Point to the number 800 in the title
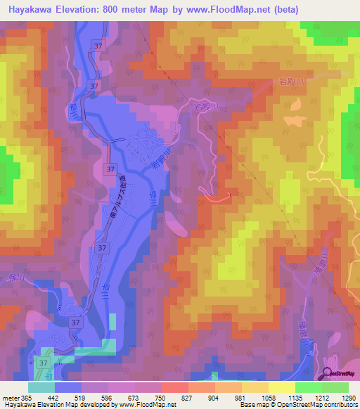coord(111,10)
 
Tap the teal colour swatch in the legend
coord(41,387)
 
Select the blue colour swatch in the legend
coord(67,387)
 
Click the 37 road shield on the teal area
coord(44,363)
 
